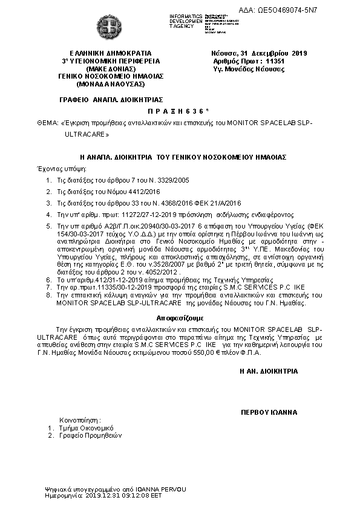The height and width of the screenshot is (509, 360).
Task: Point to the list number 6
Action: point(48,281)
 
